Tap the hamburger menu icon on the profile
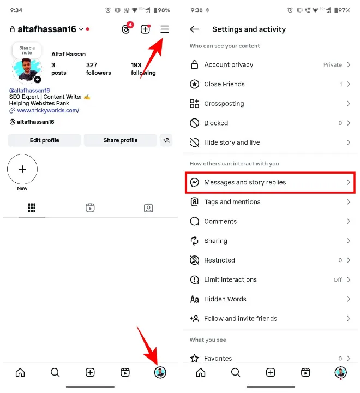(x=164, y=29)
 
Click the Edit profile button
(x=44, y=140)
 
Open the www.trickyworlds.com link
(x=48, y=110)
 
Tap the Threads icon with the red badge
(x=126, y=29)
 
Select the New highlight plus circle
(x=22, y=169)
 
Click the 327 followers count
(x=98, y=69)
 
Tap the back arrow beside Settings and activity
(x=194, y=29)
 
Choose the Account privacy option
(x=229, y=64)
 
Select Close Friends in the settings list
(x=224, y=84)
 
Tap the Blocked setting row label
(x=216, y=123)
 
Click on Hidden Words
(x=225, y=299)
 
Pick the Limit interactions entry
(x=230, y=279)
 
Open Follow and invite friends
(x=241, y=318)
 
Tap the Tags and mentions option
(x=232, y=202)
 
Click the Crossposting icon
(x=194, y=104)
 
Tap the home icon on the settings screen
(x=201, y=373)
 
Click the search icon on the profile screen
(x=55, y=373)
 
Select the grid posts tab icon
(x=32, y=208)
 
